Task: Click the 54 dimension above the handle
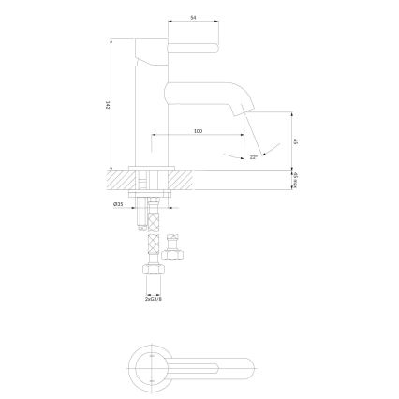(193, 18)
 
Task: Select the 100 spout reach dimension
(198, 131)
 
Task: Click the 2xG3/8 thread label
(154, 299)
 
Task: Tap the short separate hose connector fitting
(172, 247)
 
